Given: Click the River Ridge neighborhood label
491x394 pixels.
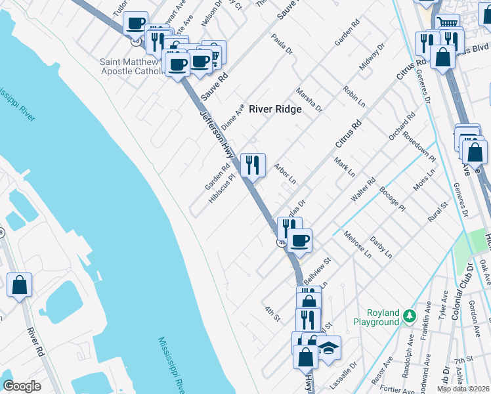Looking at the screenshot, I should [x=275, y=109].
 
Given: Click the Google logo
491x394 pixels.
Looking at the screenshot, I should [x=22, y=386].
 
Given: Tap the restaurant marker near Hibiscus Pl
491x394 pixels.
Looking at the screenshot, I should [x=253, y=164].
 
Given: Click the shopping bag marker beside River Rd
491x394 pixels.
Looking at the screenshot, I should [x=19, y=285].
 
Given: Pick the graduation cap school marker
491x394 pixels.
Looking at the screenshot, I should [x=330, y=347].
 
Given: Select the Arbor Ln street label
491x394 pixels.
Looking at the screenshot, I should [x=286, y=174].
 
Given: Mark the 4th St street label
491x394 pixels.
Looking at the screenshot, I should [x=272, y=313].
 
